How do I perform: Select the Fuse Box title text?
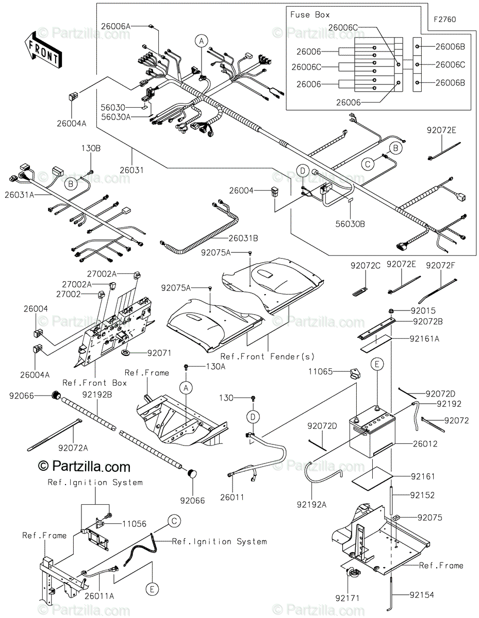[310, 15]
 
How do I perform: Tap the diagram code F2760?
[444, 20]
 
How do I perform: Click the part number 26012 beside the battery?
[425, 444]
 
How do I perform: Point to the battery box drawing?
[372, 432]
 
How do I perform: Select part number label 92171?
[348, 598]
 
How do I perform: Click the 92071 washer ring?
[125, 353]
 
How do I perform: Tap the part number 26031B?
[243, 238]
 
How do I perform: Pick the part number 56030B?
[350, 224]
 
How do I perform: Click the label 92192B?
[97, 394]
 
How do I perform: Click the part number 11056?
[135, 524]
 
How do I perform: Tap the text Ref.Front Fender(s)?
[268, 356]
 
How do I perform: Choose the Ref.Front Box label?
[94, 383]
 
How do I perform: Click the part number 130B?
[91, 148]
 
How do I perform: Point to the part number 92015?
[423, 311]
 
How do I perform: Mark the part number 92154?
[422, 595]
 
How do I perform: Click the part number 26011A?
[100, 596]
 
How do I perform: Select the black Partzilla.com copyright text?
[84, 467]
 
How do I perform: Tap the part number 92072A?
[73, 448]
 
